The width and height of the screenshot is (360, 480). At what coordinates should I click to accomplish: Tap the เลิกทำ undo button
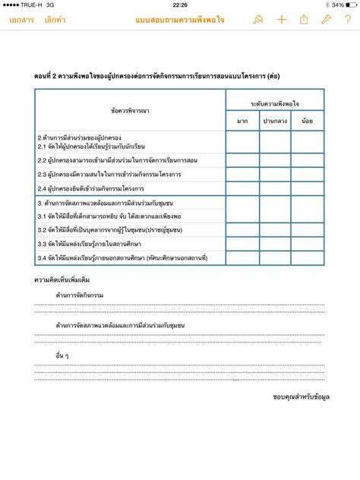tap(55, 20)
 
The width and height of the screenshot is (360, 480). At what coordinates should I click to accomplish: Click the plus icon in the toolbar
tap(281, 20)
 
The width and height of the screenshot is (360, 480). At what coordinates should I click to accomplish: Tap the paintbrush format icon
tap(258, 20)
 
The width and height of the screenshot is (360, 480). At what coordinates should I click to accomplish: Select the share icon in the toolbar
tap(304, 20)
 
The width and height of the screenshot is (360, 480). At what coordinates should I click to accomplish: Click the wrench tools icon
tap(326, 20)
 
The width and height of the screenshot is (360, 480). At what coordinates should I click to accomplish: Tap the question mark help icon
tap(346, 20)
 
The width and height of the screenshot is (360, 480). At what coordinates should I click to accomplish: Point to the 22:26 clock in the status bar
tap(180, 5)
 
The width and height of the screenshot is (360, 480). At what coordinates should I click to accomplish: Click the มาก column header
tap(242, 121)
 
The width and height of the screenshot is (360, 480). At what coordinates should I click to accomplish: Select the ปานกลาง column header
tap(275, 121)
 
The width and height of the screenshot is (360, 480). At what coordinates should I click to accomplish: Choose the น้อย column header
tap(307, 121)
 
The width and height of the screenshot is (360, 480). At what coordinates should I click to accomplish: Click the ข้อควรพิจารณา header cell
tap(130, 111)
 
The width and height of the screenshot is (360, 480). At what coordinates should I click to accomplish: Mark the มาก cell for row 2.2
tap(242, 161)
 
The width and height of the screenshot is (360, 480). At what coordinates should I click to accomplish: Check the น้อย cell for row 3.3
tap(307, 244)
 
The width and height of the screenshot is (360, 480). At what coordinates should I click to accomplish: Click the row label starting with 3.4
tap(122, 258)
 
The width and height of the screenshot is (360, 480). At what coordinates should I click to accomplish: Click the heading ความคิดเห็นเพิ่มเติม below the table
tap(62, 279)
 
